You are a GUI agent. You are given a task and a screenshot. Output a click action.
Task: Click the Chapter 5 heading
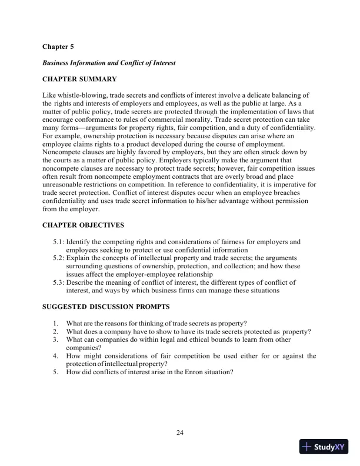point(58,45)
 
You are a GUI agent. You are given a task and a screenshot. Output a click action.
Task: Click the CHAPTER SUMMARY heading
point(79,79)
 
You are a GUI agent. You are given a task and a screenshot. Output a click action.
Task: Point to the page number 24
point(180,434)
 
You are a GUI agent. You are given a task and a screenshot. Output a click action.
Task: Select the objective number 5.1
point(59,242)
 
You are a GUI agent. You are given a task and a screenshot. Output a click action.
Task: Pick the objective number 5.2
point(59,258)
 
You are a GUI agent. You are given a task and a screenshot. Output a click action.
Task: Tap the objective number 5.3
point(59,282)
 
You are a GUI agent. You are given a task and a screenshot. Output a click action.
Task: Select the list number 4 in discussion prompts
point(55,356)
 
